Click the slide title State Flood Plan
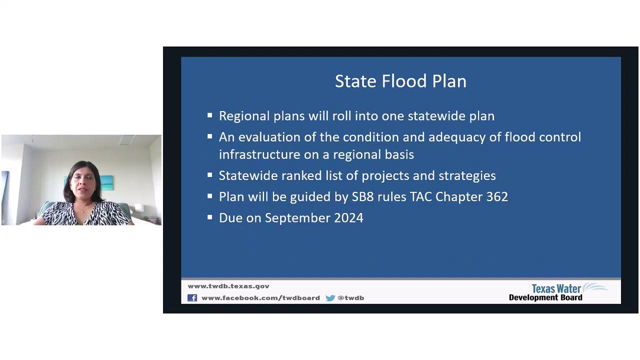tap(400, 81)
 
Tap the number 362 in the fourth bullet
tap(497, 197)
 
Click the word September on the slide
tap(299, 218)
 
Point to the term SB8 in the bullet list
tap(363, 197)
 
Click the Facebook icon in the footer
tap(192, 298)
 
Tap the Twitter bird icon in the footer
tap(330, 298)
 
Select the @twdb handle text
tap(351, 298)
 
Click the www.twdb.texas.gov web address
tap(228, 286)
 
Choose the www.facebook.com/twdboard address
tap(260, 298)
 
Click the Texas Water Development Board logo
tap(557, 292)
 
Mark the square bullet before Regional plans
tap(210, 115)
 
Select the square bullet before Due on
tap(210, 217)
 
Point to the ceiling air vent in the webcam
tap(127, 140)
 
